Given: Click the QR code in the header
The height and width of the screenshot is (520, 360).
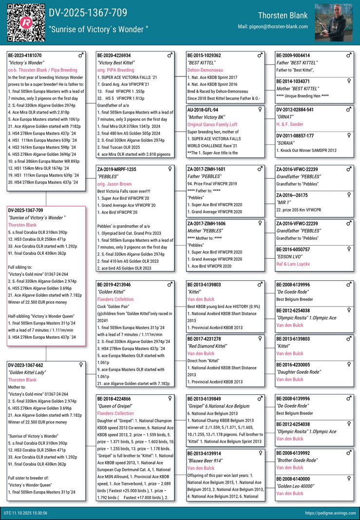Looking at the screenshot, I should coord(26,22).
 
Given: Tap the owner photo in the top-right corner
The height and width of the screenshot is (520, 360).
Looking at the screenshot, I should coord(334,23).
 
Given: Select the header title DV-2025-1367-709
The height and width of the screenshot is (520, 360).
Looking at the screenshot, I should coord(88,13).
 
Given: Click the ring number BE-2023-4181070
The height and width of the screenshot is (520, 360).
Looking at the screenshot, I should coord(25,56).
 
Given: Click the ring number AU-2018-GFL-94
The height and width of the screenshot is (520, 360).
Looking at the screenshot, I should coord(203,110).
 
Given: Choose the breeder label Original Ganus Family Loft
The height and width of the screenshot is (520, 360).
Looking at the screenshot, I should coord(212,125).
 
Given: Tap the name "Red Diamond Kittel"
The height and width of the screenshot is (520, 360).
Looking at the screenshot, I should coord(207,346).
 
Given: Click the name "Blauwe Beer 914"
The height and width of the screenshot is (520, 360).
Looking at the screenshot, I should coord(205,461).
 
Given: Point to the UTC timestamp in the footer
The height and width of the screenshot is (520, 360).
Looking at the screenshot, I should coord(25,513).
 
